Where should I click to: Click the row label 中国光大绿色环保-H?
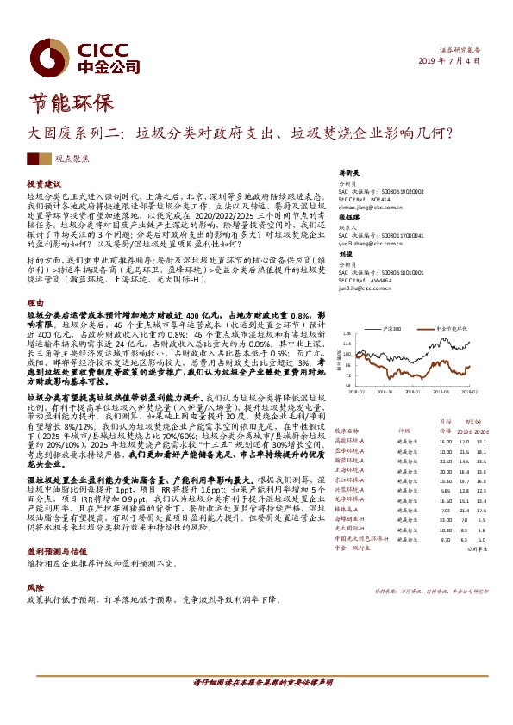[x=362, y=538]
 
